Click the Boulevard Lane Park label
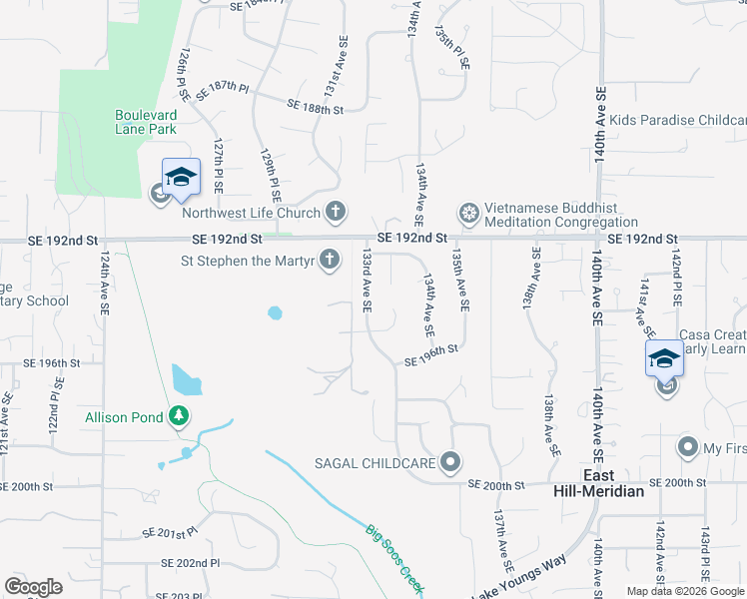[x=146, y=122]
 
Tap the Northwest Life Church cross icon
[x=337, y=212]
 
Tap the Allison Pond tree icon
[x=179, y=415]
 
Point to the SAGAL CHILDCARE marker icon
[x=451, y=462]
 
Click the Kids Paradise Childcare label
[x=678, y=120]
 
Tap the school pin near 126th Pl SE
[x=181, y=177]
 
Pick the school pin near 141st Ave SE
[x=665, y=358]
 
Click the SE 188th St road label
[x=315, y=106]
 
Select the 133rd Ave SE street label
[x=367, y=283]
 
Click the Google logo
[x=33, y=587]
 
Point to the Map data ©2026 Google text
[x=685, y=591]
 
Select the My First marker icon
[x=687, y=445]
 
